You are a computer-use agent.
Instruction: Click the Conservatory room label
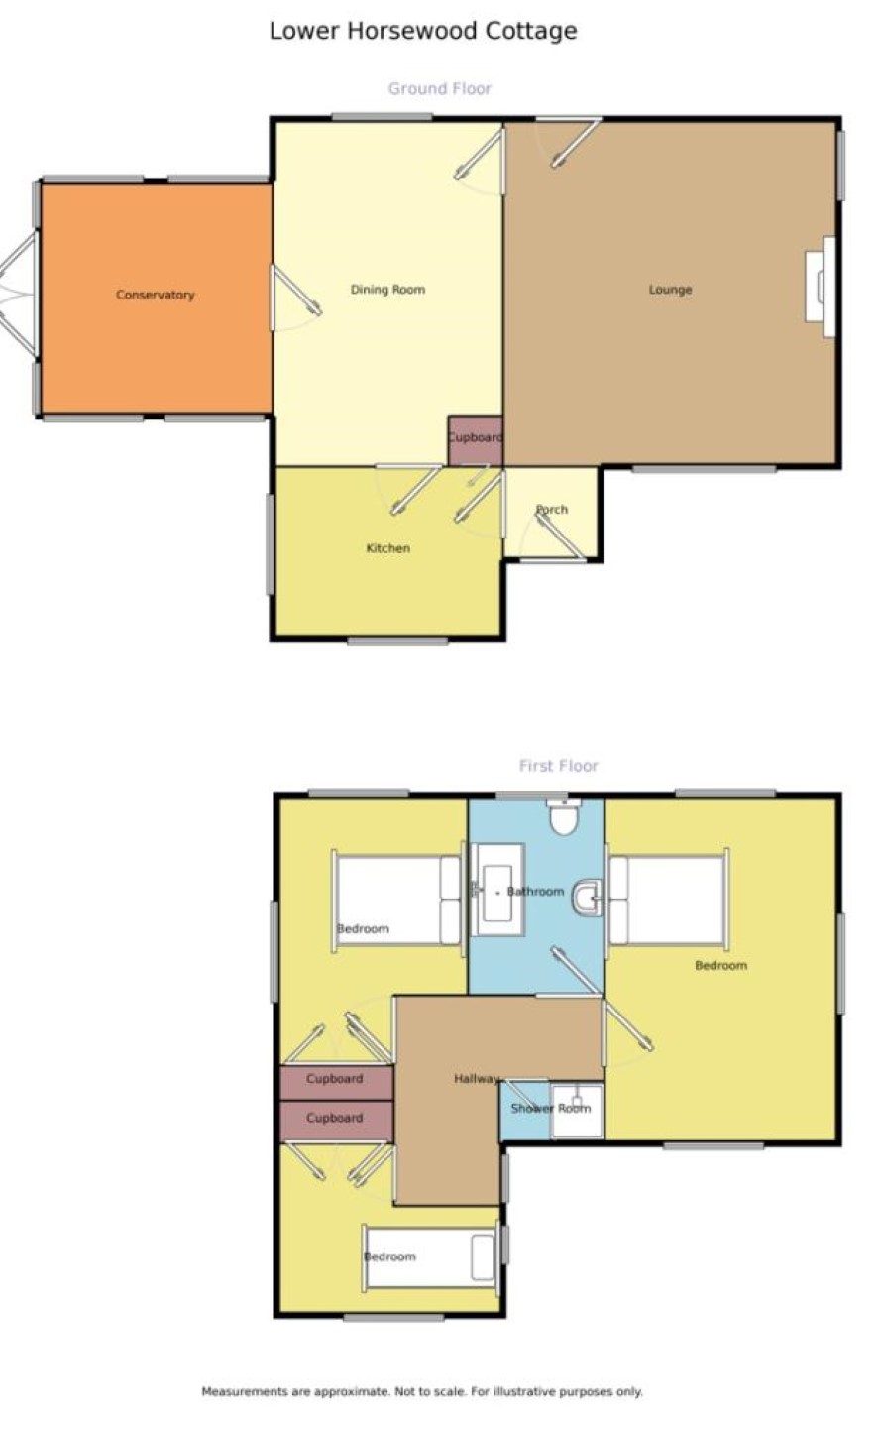tap(156, 295)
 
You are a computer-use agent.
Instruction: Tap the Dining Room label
tap(387, 289)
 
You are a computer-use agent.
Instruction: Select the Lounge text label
tap(670, 290)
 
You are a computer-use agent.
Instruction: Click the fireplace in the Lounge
tap(821, 287)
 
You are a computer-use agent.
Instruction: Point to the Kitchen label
tap(387, 548)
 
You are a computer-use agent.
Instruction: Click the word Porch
tap(552, 510)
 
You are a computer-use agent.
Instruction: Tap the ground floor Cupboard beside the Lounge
tap(475, 440)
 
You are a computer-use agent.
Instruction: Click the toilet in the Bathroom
tap(563, 816)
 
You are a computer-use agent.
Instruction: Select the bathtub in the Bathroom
tap(497, 890)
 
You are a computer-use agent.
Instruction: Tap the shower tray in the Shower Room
tap(577, 1111)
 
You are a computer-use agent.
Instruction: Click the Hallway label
tap(476, 1079)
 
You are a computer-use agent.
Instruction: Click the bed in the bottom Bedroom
tap(430, 1256)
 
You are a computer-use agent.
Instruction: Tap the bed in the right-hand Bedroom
tap(668, 900)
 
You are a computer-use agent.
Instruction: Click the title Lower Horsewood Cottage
tap(423, 30)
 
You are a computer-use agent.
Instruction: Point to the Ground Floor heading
tap(440, 88)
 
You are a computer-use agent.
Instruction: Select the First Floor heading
tap(559, 766)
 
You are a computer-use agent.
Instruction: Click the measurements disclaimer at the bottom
tap(422, 1391)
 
